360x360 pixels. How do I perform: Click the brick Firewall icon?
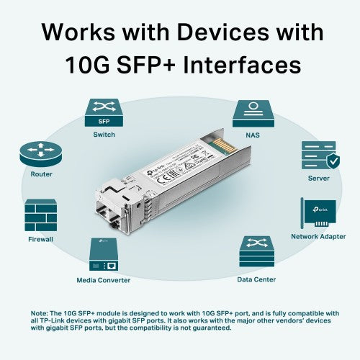[x=40, y=215]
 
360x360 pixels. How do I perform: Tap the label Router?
[x=41, y=174]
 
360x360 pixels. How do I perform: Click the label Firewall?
[x=40, y=239]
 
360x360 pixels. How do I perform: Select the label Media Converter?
[x=104, y=279]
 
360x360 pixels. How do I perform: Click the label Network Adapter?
[x=318, y=237]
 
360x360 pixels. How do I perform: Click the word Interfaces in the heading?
[x=245, y=66]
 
